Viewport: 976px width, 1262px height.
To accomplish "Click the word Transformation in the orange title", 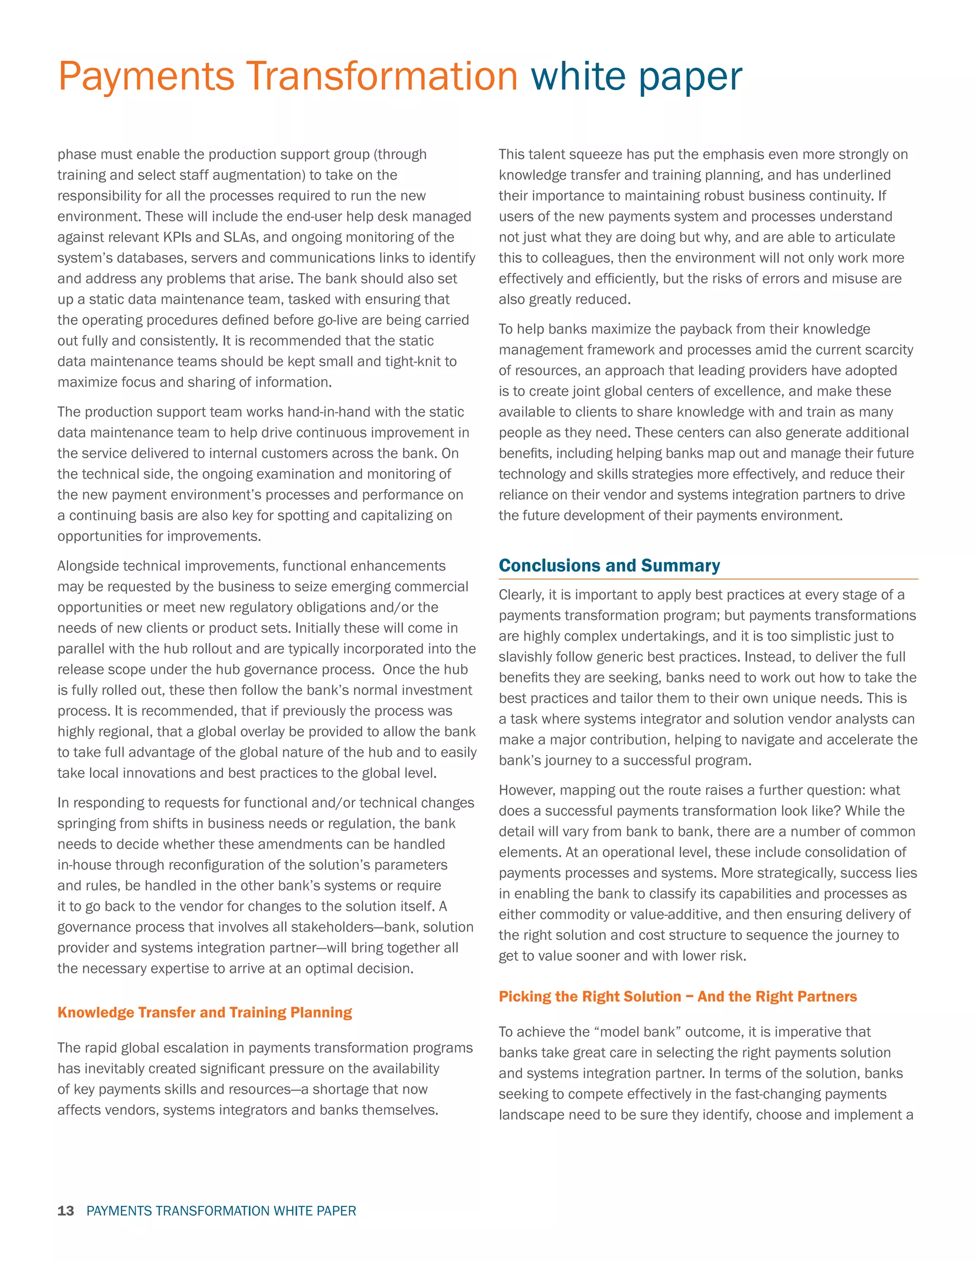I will (382, 76).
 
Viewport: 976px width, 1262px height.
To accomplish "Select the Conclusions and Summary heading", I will (610, 565).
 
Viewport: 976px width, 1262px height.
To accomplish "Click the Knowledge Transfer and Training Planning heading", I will (204, 1012).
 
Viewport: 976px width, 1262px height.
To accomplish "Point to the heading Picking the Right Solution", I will (678, 996).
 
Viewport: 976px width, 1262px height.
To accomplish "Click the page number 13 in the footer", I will (66, 1211).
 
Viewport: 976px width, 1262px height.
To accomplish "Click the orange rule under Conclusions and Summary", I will (708, 579).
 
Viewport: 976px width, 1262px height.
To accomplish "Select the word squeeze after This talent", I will (578, 155).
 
